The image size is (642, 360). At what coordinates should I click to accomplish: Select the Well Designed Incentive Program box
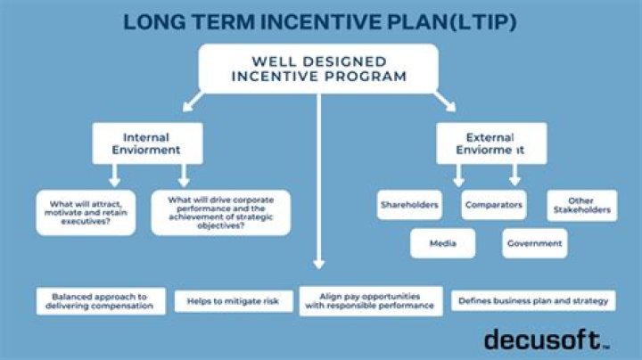[318, 69]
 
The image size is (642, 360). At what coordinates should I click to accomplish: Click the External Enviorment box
[490, 144]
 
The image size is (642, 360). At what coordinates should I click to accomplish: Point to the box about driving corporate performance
[220, 211]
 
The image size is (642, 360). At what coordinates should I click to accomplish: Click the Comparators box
[493, 205]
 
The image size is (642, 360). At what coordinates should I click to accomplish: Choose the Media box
[442, 242]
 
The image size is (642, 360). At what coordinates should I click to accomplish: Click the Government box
[534, 242]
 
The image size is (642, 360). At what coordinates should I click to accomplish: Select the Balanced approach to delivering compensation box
[100, 301]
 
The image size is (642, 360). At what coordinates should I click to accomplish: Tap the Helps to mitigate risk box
[233, 301]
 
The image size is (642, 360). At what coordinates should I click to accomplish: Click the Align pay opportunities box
[369, 300]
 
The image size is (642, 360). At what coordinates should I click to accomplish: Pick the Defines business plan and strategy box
[532, 301]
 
